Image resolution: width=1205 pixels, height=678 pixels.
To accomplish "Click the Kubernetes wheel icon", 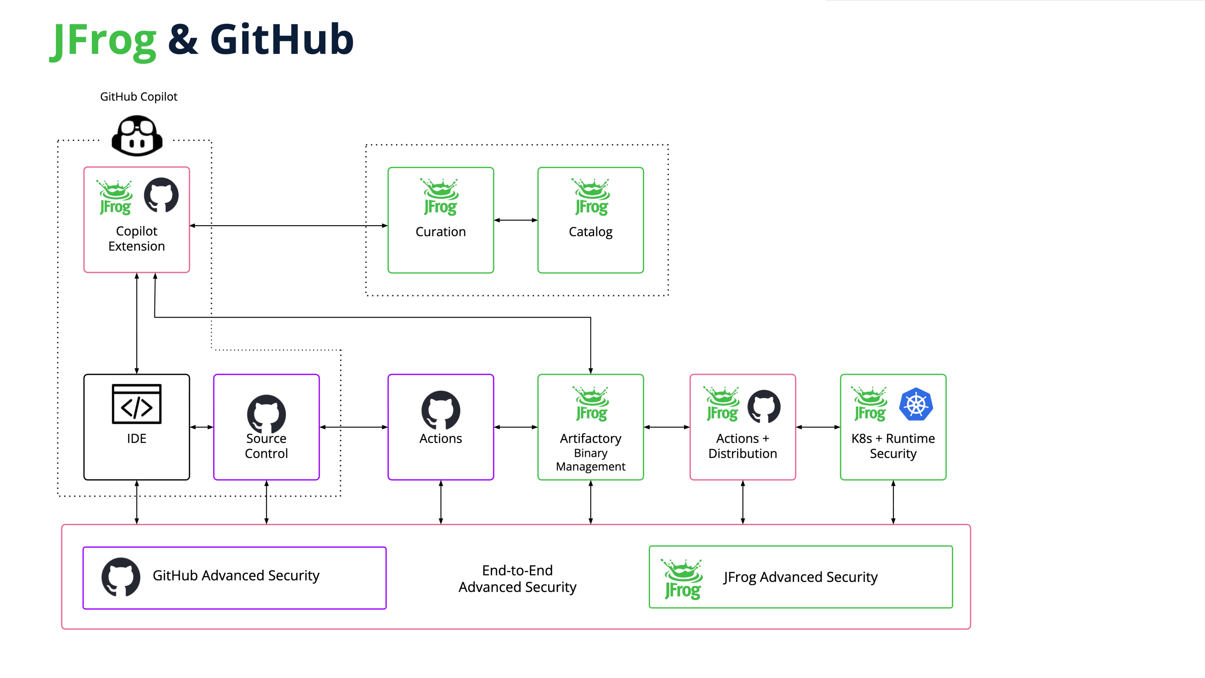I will tap(916, 404).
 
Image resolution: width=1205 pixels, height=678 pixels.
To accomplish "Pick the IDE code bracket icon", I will tap(136, 404).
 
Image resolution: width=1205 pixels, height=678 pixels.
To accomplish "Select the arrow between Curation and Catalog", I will tap(515, 220).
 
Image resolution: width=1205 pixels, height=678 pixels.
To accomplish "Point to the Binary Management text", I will tap(590, 460).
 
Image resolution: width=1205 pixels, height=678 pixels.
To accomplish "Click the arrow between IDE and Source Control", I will tap(202, 427).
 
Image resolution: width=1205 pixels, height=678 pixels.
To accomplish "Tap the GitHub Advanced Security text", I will tap(236, 575).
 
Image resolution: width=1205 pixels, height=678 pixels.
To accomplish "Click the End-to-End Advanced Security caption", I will tap(517, 579).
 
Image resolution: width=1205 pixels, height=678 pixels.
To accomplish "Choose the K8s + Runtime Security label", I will tap(893, 446).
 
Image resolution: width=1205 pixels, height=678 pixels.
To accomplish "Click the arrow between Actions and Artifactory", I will tap(515, 427).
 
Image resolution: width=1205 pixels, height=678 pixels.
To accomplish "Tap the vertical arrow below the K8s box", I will tap(893, 502).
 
